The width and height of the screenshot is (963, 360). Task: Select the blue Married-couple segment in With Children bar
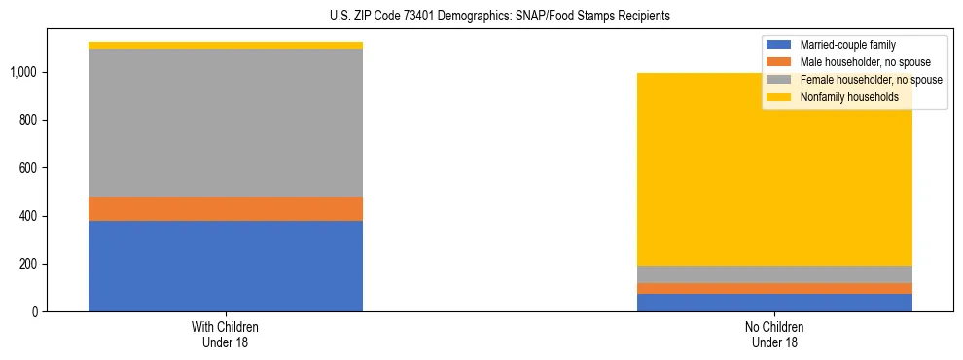click(226, 266)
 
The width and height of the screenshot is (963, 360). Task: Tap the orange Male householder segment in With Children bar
click(226, 208)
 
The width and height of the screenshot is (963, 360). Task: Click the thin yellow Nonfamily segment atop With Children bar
click(226, 45)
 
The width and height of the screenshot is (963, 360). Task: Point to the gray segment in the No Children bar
click(775, 274)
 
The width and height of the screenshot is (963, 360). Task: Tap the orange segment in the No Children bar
click(775, 288)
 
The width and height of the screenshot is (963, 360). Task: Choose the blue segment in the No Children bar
click(775, 303)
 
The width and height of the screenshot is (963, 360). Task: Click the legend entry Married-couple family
click(847, 45)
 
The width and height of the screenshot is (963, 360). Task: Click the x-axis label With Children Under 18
click(226, 334)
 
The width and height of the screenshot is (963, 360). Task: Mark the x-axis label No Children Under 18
click(775, 334)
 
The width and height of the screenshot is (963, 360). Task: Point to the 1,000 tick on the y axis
click(22, 72)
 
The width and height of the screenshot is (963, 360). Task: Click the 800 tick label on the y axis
click(26, 120)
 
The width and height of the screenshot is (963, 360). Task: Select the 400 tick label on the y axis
click(26, 216)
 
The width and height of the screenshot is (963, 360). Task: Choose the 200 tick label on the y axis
click(26, 264)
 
